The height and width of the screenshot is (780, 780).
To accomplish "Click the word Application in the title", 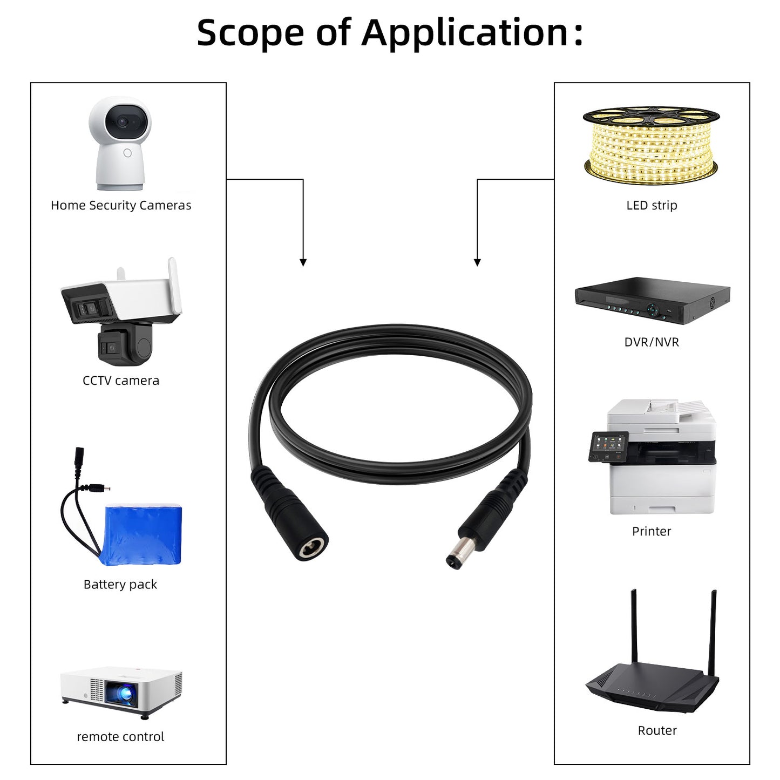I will pyautogui.click(x=464, y=33).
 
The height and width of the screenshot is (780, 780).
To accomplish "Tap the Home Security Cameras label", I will pyautogui.click(x=121, y=206).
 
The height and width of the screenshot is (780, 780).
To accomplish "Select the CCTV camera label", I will pyautogui.click(x=121, y=381).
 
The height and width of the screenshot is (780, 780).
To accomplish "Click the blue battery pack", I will pyautogui.click(x=143, y=534).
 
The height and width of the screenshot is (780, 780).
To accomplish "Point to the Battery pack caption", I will pyautogui.click(x=120, y=585).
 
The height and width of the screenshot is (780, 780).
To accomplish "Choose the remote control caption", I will pyautogui.click(x=120, y=737).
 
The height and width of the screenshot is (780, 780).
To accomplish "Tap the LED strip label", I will pyautogui.click(x=652, y=206).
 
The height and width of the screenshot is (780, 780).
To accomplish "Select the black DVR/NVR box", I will pyautogui.click(x=652, y=300).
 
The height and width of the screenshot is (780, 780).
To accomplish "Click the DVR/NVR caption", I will pyautogui.click(x=652, y=342).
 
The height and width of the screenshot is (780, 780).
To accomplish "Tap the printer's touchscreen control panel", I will pyautogui.click(x=608, y=447).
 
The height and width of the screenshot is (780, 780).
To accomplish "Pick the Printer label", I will pyautogui.click(x=652, y=532).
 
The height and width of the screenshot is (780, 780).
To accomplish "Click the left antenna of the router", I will pyautogui.click(x=634, y=626).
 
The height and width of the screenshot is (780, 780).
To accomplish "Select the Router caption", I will pyautogui.click(x=657, y=731).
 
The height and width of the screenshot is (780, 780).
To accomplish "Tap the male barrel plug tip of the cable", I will pyautogui.click(x=453, y=558).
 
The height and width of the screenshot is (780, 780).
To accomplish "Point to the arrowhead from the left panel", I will pyautogui.click(x=303, y=262).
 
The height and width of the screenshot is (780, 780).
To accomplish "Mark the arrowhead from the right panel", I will pyautogui.click(x=477, y=262).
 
